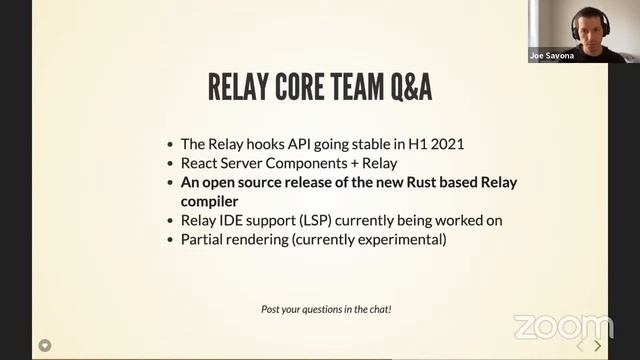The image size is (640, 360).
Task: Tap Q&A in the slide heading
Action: click(406, 88)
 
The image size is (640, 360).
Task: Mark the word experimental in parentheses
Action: click(401, 240)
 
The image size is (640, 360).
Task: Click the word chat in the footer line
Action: click(378, 310)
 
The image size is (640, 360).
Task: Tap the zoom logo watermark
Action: click(563, 327)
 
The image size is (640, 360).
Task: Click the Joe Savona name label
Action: click(552, 56)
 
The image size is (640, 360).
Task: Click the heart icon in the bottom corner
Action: click(45, 345)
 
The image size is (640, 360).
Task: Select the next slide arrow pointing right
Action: click(598, 345)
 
